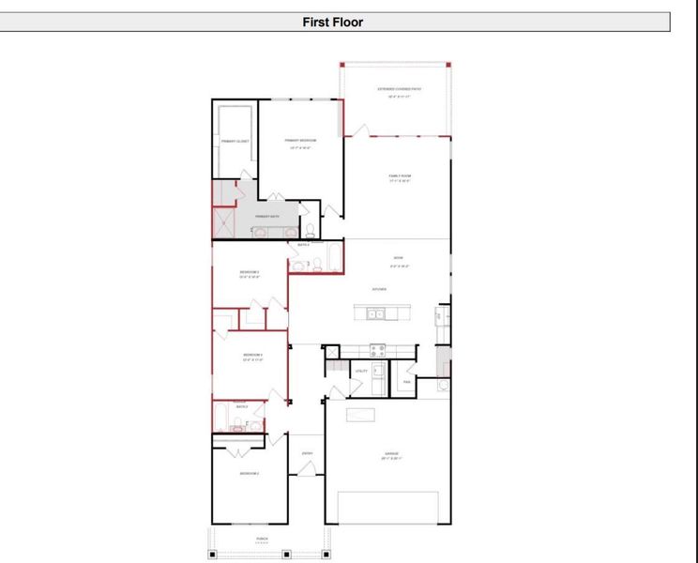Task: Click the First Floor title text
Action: (x=332, y=22)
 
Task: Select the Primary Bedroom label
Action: (x=301, y=142)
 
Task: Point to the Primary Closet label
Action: (x=235, y=141)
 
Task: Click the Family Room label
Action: (x=401, y=177)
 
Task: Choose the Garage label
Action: (x=391, y=456)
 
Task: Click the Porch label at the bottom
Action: (x=262, y=539)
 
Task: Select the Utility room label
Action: (x=360, y=372)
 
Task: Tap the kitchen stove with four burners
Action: (x=377, y=349)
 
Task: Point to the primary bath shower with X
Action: (x=223, y=221)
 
